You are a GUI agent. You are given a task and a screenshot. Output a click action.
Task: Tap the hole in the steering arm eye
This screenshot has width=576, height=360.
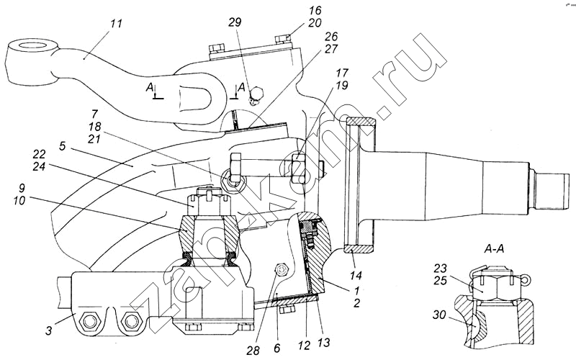click(28, 48)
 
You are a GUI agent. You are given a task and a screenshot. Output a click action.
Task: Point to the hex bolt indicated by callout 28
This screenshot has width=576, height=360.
click(282, 269)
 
